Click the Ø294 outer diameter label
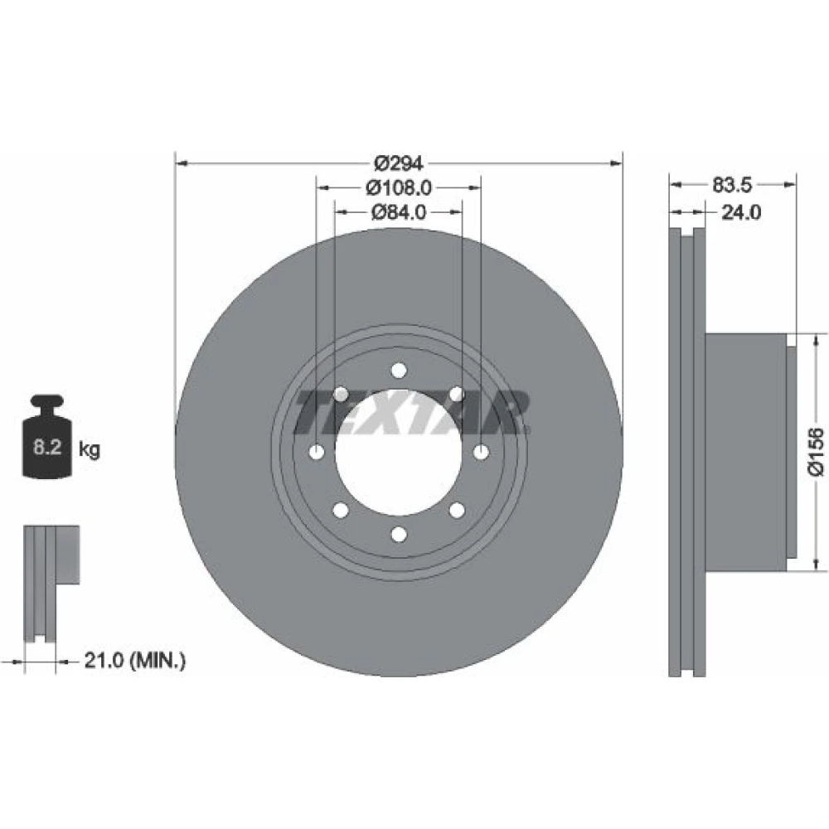399,163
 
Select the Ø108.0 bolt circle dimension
399,187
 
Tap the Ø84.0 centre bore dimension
399,212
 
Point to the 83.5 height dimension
732,185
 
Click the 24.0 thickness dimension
741,212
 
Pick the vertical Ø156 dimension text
817,452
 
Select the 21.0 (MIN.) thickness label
135,661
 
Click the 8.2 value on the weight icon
47,448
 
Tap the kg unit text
89,450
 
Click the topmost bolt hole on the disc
400,370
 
